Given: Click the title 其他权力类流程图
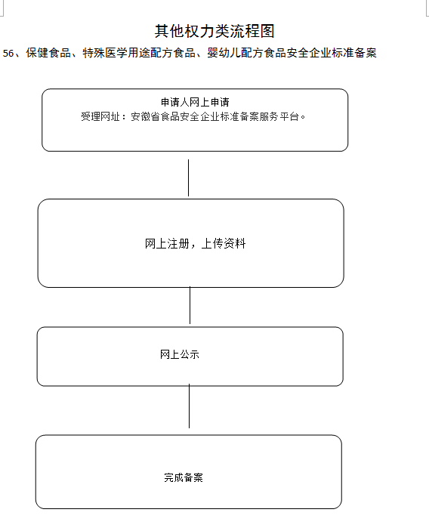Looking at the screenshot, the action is coord(214,31).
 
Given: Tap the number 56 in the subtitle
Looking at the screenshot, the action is coord(8,53).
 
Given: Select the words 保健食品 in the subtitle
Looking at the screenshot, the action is coord(48,53).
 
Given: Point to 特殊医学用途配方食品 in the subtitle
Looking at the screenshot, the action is coord(139,53).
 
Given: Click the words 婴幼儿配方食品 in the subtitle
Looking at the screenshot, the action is coord(247,53).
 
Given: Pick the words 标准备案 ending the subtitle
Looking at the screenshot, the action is coord(354,53).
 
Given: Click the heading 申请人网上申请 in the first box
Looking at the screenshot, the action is coord(195,102).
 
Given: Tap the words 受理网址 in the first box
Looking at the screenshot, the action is coord(100,116).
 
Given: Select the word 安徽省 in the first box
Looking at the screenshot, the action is coord(145,116).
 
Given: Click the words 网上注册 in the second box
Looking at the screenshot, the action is coord(167,243).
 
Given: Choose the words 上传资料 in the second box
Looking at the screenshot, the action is coord(224,243).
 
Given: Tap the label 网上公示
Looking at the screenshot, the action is coord(180,354).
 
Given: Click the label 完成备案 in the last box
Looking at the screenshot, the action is coord(184,477).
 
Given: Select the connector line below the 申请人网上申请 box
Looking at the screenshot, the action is coord(188,178).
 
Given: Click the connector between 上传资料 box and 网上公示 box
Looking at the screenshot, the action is coord(190,305).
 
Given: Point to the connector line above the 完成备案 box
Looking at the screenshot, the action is coord(189,406).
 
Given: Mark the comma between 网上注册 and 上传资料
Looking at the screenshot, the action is coord(193,246).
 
